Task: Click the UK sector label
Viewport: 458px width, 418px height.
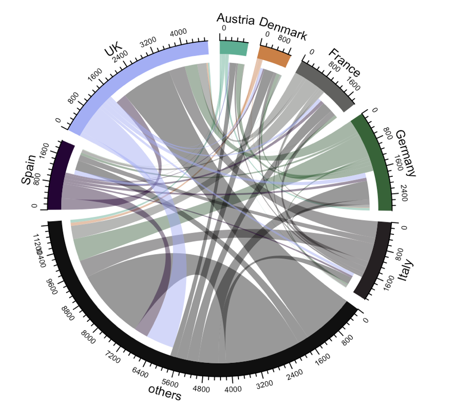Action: pyautogui.click(x=113, y=51)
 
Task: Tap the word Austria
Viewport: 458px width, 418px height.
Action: pyautogui.click(x=235, y=20)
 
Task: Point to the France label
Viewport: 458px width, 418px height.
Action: pyautogui.click(x=344, y=62)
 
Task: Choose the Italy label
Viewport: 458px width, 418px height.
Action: pyautogui.click(x=406, y=271)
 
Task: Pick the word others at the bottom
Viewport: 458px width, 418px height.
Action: pyautogui.click(x=164, y=392)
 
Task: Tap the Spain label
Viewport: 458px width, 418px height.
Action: pyautogui.click(x=28, y=169)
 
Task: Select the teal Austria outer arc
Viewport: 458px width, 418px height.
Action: pyautogui.click(x=233, y=48)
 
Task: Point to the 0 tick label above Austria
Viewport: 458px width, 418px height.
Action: pyautogui.click(x=223, y=28)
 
